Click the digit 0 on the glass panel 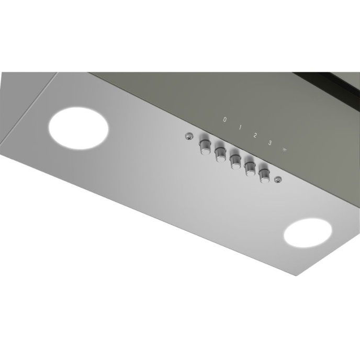click(225, 120)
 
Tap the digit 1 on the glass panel click(240, 127)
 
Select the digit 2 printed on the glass click(255, 135)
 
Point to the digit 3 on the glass click(270, 142)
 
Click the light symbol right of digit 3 click(285, 149)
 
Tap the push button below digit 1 click(219, 152)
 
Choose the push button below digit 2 click(234, 159)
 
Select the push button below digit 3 click(250, 167)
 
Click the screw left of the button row click(188, 137)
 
